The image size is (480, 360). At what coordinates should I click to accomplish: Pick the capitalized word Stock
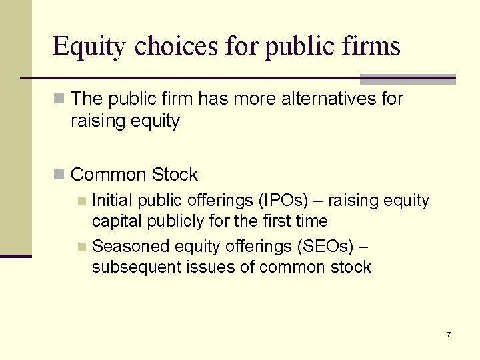pos(175,175)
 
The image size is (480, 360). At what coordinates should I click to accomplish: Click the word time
pos(307,221)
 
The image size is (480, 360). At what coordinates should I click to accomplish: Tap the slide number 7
pos(449,334)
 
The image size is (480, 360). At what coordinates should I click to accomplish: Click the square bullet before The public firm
pos(59,99)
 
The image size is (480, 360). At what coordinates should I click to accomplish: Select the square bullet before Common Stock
pos(59,175)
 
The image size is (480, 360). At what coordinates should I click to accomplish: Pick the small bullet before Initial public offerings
pos(81,201)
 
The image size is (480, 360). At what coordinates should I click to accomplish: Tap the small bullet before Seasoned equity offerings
pos(81,247)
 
